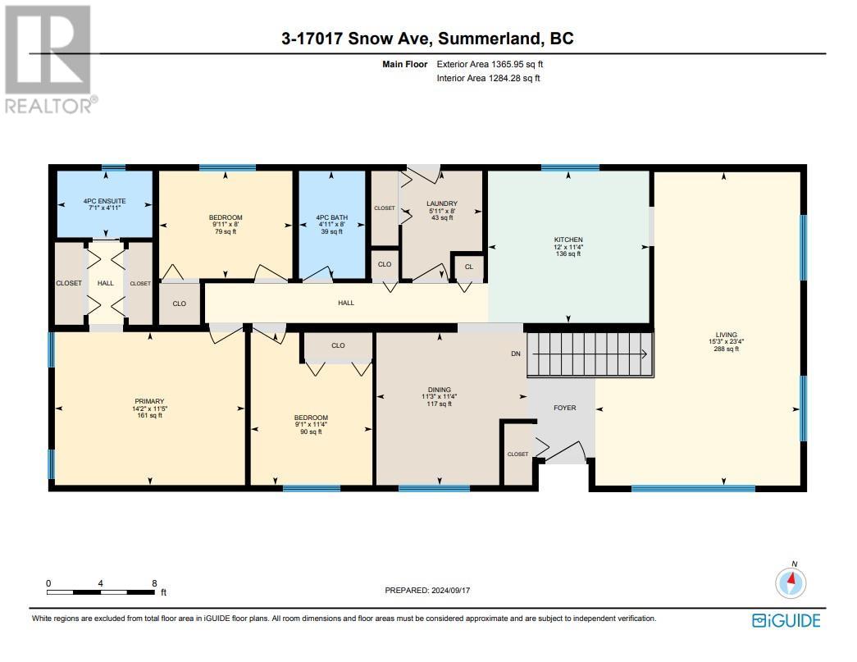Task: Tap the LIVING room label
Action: (x=726, y=335)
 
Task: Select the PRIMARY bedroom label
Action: (x=148, y=401)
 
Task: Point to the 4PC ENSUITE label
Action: (x=103, y=201)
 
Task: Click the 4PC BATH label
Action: (x=330, y=217)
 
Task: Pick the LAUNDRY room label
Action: (x=441, y=203)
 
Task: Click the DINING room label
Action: (x=439, y=390)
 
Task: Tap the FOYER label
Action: (x=564, y=408)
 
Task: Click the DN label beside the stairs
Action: (x=515, y=354)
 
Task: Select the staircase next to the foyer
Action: (x=590, y=354)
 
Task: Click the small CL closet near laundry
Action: (x=468, y=266)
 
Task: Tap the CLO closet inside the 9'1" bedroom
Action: (x=338, y=345)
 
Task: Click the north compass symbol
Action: (x=792, y=583)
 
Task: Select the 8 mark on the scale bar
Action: (x=155, y=583)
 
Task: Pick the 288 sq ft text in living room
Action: (x=726, y=349)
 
